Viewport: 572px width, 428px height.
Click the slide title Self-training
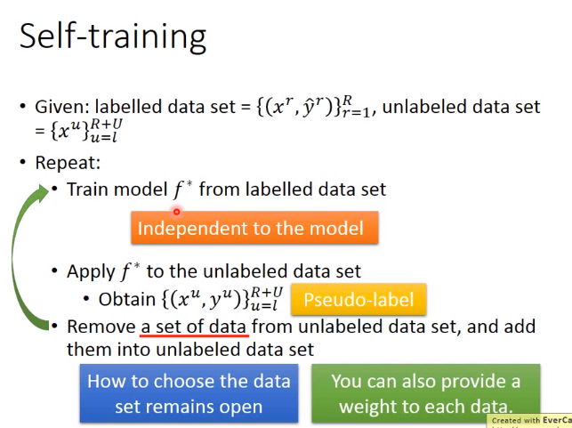(113, 36)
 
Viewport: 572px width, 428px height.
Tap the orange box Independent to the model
(254, 227)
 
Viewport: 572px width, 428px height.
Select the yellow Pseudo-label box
(359, 299)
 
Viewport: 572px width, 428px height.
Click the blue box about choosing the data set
(189, 393)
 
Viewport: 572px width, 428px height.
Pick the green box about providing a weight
(426, 393)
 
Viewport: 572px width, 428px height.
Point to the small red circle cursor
(176, 212)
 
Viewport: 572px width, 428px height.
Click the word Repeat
(68, 162)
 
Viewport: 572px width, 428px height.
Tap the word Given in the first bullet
(62, 108)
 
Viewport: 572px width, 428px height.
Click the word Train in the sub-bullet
(88, 190)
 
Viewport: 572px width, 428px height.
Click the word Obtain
(127, 299)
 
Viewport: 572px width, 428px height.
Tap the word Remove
(101, 327)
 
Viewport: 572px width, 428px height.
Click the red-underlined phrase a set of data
(194, 327)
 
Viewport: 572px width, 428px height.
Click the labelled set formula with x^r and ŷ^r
(314, 107)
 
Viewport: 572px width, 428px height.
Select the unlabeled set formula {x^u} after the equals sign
(86, 131)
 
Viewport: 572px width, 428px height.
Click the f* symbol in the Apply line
(130, 271)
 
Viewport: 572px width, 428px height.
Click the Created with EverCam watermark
(529, 421)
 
